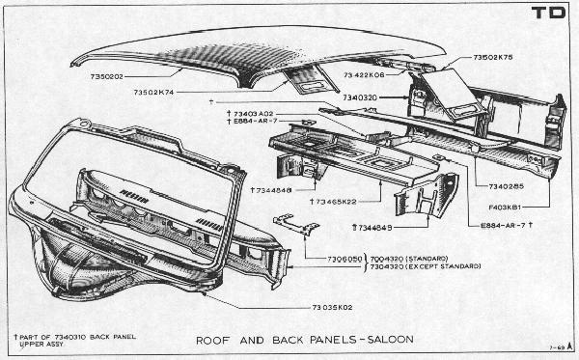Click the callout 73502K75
click(x=493, y=58)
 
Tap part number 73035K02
click(x=334, y=307)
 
